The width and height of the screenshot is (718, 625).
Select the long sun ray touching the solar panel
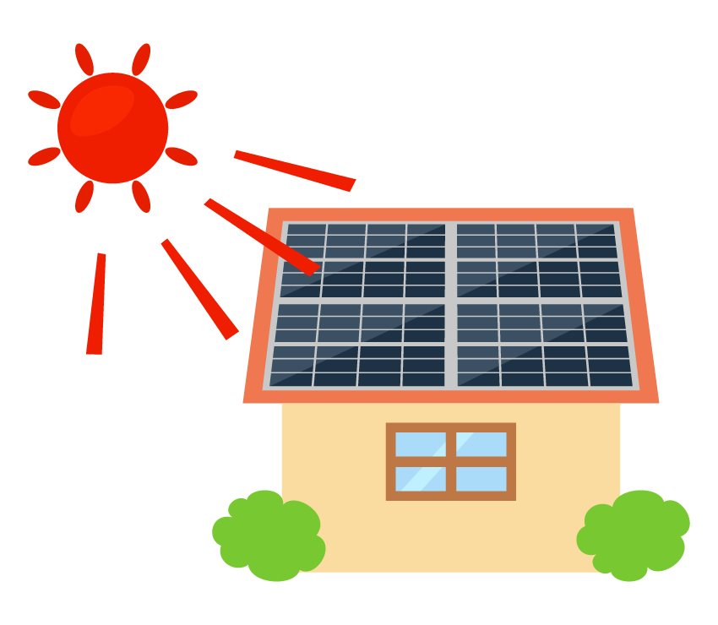(x=262, y=236)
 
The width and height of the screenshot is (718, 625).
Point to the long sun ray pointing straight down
(x=96, y=304)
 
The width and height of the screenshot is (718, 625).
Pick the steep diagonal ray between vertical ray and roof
(x=199, y=289)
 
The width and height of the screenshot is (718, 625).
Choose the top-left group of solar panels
(x=363, y=260)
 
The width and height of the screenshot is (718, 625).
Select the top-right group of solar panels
(x=537, y=260)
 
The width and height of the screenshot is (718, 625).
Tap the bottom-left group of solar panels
(x=358, y=345)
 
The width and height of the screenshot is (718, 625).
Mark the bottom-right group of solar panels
(x=544, y=345)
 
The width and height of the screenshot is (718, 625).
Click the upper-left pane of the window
(x=420, y=444)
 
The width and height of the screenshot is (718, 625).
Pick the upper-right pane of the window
(x=481, y=444)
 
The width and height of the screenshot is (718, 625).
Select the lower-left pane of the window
(x=420, y=479)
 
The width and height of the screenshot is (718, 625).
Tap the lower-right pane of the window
(x=481, y=479)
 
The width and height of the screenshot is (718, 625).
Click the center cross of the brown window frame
(x=451, y=461)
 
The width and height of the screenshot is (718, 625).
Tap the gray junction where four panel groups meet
(x=451, y=301)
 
